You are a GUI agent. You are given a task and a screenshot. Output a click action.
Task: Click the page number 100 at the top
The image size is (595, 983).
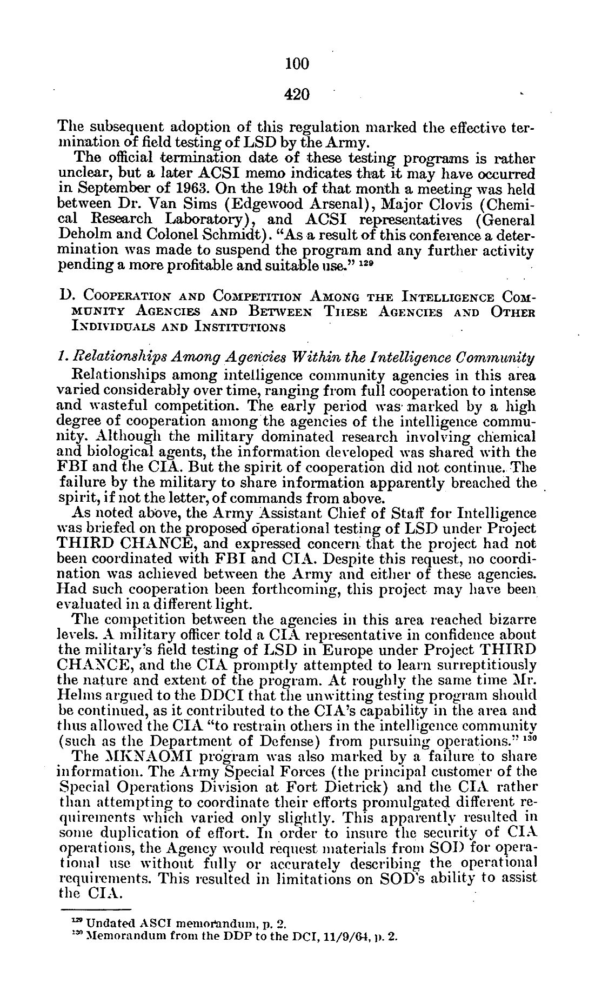pos(297,64)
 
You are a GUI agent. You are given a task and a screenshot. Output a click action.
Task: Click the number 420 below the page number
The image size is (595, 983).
pos(297,95)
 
